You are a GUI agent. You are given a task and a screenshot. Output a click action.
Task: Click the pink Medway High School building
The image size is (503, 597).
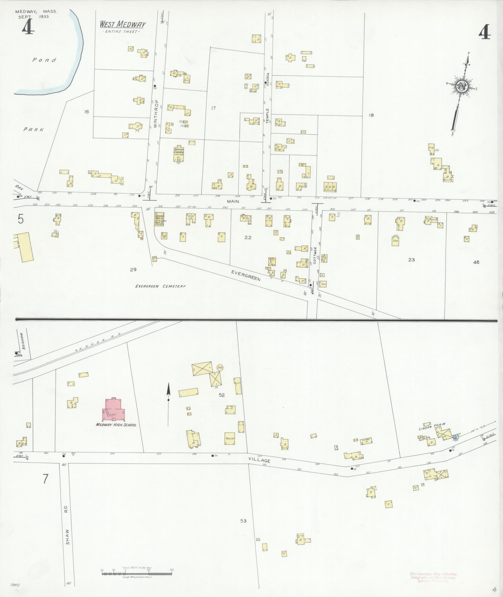(114, 410)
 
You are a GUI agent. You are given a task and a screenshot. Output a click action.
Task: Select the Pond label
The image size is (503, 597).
(45, 60)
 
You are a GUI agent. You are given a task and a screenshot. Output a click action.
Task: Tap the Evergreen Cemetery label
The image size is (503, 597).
(161, 286)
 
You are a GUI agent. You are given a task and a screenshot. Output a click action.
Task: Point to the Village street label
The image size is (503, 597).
(262, 461)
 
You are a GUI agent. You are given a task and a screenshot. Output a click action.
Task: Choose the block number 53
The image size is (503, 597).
(244, 521)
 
